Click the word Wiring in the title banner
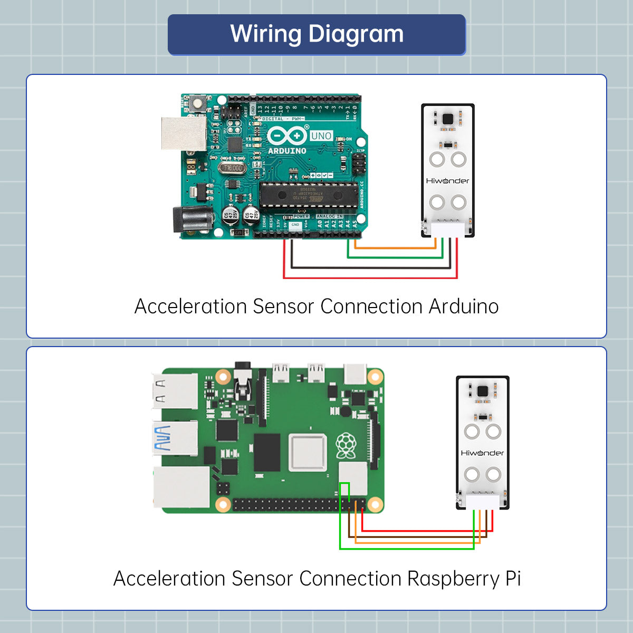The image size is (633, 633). pos(266,34)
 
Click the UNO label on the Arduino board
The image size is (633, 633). pos(321,136)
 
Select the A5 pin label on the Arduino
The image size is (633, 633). pos(355,224)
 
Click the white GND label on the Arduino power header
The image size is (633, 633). pos(295,225)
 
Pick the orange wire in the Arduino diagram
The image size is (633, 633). pos(396,247)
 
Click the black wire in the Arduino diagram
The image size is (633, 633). pos(369,268)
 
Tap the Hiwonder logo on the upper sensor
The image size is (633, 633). pos(447,181)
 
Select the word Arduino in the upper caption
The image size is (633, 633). pos(463,306)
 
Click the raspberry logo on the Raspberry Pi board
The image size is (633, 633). pos(346,446)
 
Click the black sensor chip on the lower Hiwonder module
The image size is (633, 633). pos(482,391)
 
